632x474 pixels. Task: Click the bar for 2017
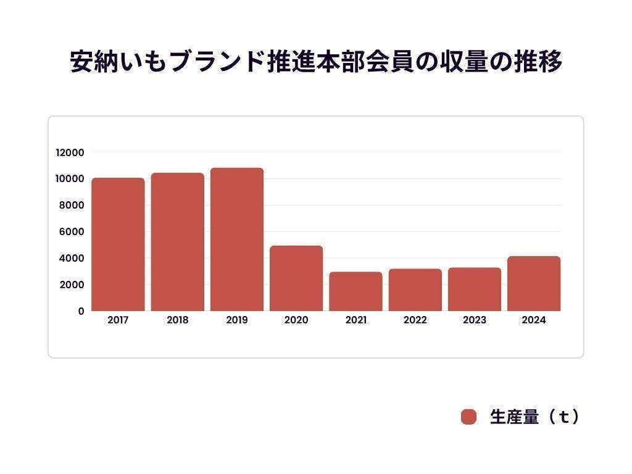tap(118, 244)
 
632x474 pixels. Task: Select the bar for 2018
tap(177, 242)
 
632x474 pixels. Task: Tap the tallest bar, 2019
tap(237, 239)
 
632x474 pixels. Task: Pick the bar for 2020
tap(296, 278)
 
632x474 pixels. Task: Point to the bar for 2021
tap(355, 291)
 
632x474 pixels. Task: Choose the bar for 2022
tap(415, 290)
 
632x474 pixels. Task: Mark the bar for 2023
tap(475, 289)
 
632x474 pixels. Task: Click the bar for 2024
tap(534, 284)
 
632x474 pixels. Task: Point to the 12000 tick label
tap(70, 152)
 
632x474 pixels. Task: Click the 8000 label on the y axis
tap(72, 206)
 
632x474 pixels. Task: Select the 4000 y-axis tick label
tap(72, 258)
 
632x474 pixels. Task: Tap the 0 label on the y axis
tap(81, 311)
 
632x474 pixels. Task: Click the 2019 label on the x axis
tap(237, 320)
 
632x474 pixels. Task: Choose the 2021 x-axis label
tap(355, 320)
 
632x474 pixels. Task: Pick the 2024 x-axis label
tap(534, 320)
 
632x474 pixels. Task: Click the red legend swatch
tap(469, 417)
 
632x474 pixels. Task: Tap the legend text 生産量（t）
tap(534, 417)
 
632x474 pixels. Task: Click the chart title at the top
tap(316, 63)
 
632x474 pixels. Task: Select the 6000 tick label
tap(72, 232)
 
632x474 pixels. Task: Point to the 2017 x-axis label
tap(118, 320)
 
